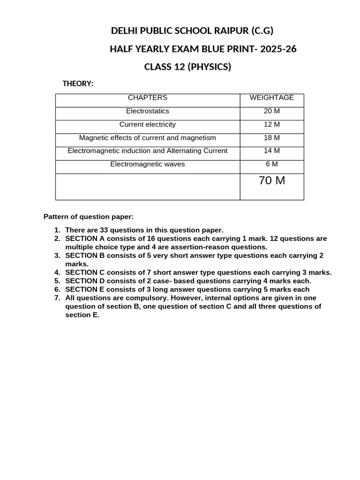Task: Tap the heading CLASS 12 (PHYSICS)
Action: coord(187,67)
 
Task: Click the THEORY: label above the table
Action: coord(78,83)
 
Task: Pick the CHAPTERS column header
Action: coord(148,97)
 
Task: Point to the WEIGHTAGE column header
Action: coord(272,97)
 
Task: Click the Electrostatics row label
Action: coord(148,111)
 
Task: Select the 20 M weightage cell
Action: coord(272,111)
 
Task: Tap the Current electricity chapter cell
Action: coord(148,124)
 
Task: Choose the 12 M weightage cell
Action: coord(272,124)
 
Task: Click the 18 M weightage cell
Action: coord(272,138)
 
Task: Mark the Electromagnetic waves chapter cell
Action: coord(148,164)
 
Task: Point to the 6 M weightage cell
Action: coord(272,164)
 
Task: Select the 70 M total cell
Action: coord(272,180)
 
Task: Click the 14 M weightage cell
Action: coord(272,151)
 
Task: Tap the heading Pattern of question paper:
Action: coord(89,217)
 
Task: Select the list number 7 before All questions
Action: coord(57,298)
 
